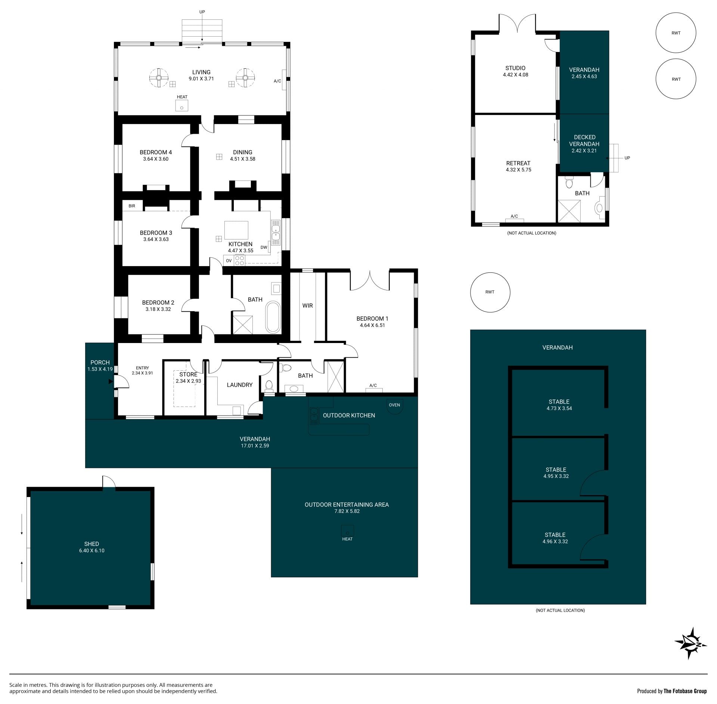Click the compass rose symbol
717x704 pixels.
point(691,643)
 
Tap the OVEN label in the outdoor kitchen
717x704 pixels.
point(394,405)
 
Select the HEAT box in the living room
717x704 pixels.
point(182,106)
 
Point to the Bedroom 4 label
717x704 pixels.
point(156,152)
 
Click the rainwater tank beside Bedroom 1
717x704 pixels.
point(490,292)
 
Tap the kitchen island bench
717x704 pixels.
point(236,230)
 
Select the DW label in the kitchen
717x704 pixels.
point(264,247)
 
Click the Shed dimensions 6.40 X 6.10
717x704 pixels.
point(91,550)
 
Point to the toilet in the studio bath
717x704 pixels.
point(569,183)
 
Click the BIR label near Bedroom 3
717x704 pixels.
point(132,206)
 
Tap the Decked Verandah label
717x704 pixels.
point(584,141)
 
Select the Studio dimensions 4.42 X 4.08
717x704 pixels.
point(515,75)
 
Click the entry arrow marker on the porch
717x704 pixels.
point(111,382)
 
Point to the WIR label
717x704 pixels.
point(307,306)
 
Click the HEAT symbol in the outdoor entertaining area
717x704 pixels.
point(347,531)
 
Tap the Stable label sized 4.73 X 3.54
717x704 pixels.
point(559,402)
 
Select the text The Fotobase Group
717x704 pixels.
point(685,691)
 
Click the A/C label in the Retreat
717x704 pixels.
point(514,216)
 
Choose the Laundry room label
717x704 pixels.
point(240,385)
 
